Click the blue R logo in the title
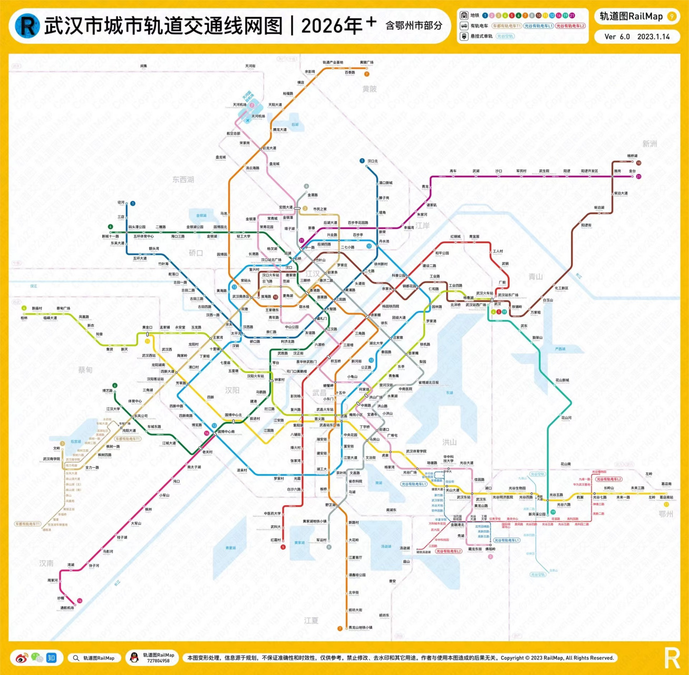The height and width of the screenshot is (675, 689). click(27, 25)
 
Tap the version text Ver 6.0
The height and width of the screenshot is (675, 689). click(617, 37)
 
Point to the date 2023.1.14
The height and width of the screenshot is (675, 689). click(653, 37)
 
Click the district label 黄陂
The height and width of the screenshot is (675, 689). click(370, 89)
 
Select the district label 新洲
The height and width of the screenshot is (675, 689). click(649, 144)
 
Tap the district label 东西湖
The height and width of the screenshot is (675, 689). click(183, 179)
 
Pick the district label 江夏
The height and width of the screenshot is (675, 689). click(311, 621)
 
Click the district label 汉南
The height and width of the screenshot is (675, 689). click(46, 563)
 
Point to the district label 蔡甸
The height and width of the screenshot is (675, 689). click(85, 370)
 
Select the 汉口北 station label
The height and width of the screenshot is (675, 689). click(373, 161)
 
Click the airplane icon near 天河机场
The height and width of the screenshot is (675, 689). click(247, 120)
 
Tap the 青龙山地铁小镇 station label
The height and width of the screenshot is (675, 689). click(361, 628)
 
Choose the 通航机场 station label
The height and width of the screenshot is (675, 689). click(67, 608)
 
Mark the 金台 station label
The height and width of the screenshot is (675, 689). click(632, 171)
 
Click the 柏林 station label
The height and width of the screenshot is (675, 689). click(24, 318)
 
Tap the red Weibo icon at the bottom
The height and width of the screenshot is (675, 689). click(21, 658)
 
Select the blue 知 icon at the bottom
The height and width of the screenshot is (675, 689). click(51, 658)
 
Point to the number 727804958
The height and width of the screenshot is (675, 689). click(158, 661)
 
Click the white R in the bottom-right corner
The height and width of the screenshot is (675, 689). click(672, 658)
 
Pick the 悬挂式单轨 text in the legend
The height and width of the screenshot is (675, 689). click(481, 36)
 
